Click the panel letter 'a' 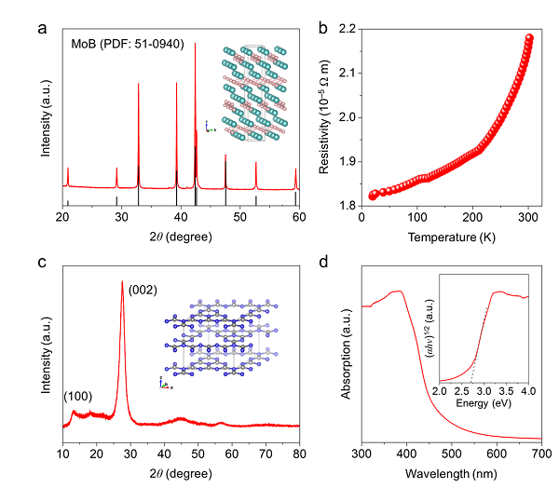(x=42, y=29)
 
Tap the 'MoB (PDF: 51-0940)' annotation (x=128, y=44)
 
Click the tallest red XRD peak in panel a (x=195, y=44)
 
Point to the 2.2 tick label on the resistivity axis (x=348, y=29)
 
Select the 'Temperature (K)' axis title (x=451, y=237)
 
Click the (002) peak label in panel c (x=143, y=290)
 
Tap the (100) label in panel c (x=77, y=396)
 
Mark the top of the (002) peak (x=122, y=281)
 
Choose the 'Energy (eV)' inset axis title (x=484, y=403)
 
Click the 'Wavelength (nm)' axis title (x=451, y=474)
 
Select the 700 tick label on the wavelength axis (x=542, y=454)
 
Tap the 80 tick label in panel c (x=299, y=454)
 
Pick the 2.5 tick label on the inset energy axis (x=462, y=391)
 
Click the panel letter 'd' (x=323, y=262)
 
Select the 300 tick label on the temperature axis (x=528, y=217)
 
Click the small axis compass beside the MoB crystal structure (x=210, y=128)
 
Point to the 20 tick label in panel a (x=62, y=217)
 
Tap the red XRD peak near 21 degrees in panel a (x=68, y=169)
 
